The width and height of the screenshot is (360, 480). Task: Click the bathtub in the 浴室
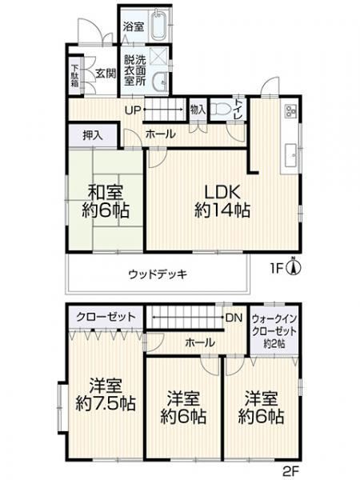coord(158,25)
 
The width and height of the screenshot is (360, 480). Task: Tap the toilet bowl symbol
coord(222,110)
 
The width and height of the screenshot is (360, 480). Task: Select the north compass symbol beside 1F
coord(294,267)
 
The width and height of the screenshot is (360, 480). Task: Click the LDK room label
coord(222,192)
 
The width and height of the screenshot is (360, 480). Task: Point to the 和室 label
coord(106,193)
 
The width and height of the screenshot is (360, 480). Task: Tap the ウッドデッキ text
coord(158,274)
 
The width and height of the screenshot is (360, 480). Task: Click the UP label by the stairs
coord(133,110)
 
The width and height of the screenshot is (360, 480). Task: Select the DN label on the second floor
coord(234,318)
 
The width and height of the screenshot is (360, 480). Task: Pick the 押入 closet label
coord(93,136)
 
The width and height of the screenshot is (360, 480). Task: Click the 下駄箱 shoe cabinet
coord(75,75)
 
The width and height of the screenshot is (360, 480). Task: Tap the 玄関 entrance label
coord(106,73)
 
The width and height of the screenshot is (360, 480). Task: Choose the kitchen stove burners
coord(290,110)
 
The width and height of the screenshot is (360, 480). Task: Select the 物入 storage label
coord(198,110)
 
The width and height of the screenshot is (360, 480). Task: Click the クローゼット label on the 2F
coord(106,317)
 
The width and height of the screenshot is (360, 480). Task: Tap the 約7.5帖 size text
coord(106,403)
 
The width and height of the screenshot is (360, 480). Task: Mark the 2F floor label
coord(290,471)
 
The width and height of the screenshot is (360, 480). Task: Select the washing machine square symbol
coord(160,57)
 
